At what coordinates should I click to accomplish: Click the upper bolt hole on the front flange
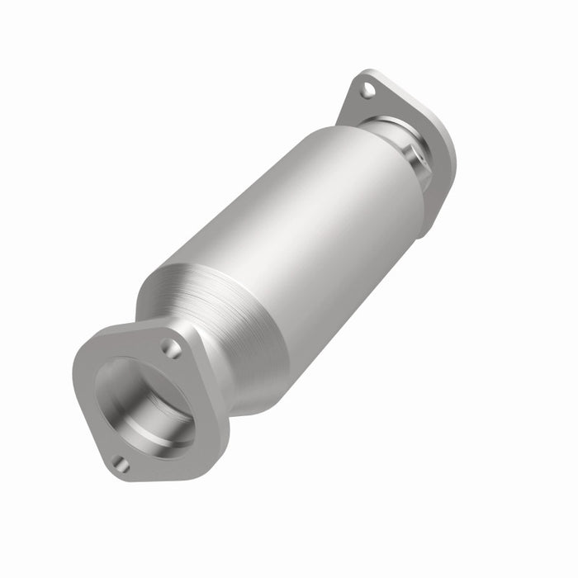(x=171, y=348)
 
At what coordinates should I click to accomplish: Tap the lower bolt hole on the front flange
(x=121, y=464)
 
